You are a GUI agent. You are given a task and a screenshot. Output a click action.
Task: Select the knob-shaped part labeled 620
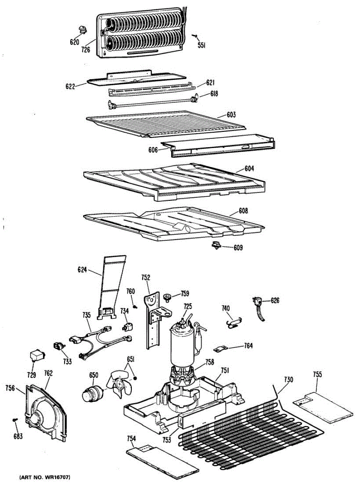(x=83, y=29)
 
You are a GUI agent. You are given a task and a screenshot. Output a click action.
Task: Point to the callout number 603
(x=231, y=115)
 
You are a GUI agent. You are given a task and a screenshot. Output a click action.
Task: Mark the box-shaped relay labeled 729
(x=36, y=356)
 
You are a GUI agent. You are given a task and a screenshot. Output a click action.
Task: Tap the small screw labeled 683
(x=15, y=421)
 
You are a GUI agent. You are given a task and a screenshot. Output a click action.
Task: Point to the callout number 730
(x=288, y=380)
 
